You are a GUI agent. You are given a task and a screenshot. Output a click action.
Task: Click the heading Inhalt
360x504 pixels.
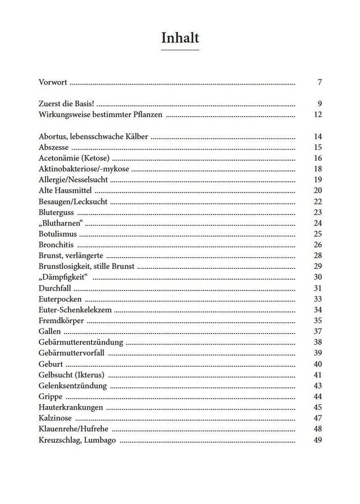pos(180,38)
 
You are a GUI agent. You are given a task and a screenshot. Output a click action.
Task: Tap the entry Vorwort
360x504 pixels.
pos(52,82)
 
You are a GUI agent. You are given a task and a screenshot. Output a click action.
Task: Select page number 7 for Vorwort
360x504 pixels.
pos(320,82)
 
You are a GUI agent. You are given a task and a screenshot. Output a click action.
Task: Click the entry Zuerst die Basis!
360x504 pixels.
pos(66,104)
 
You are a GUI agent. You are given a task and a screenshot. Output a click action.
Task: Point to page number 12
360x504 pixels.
pos(317,115)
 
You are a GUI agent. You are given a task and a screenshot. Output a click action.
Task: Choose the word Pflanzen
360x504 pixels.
pos(147,115)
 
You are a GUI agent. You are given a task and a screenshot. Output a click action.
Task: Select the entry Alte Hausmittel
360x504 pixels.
pos(65,190)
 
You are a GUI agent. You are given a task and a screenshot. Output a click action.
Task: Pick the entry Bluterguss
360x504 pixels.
pos(56,212)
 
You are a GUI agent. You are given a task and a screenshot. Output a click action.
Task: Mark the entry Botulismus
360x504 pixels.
pos(57,234)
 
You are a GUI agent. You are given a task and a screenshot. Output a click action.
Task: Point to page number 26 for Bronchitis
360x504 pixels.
pos(317,245)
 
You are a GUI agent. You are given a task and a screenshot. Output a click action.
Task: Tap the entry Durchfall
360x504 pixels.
pos(55,288)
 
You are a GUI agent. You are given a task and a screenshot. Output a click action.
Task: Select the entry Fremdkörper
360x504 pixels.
pos(61,321)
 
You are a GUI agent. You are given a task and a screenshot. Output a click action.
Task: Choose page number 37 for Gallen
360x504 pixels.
pos(317,331)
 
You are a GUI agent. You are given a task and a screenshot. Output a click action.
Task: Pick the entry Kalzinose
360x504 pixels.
pos(55,418)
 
